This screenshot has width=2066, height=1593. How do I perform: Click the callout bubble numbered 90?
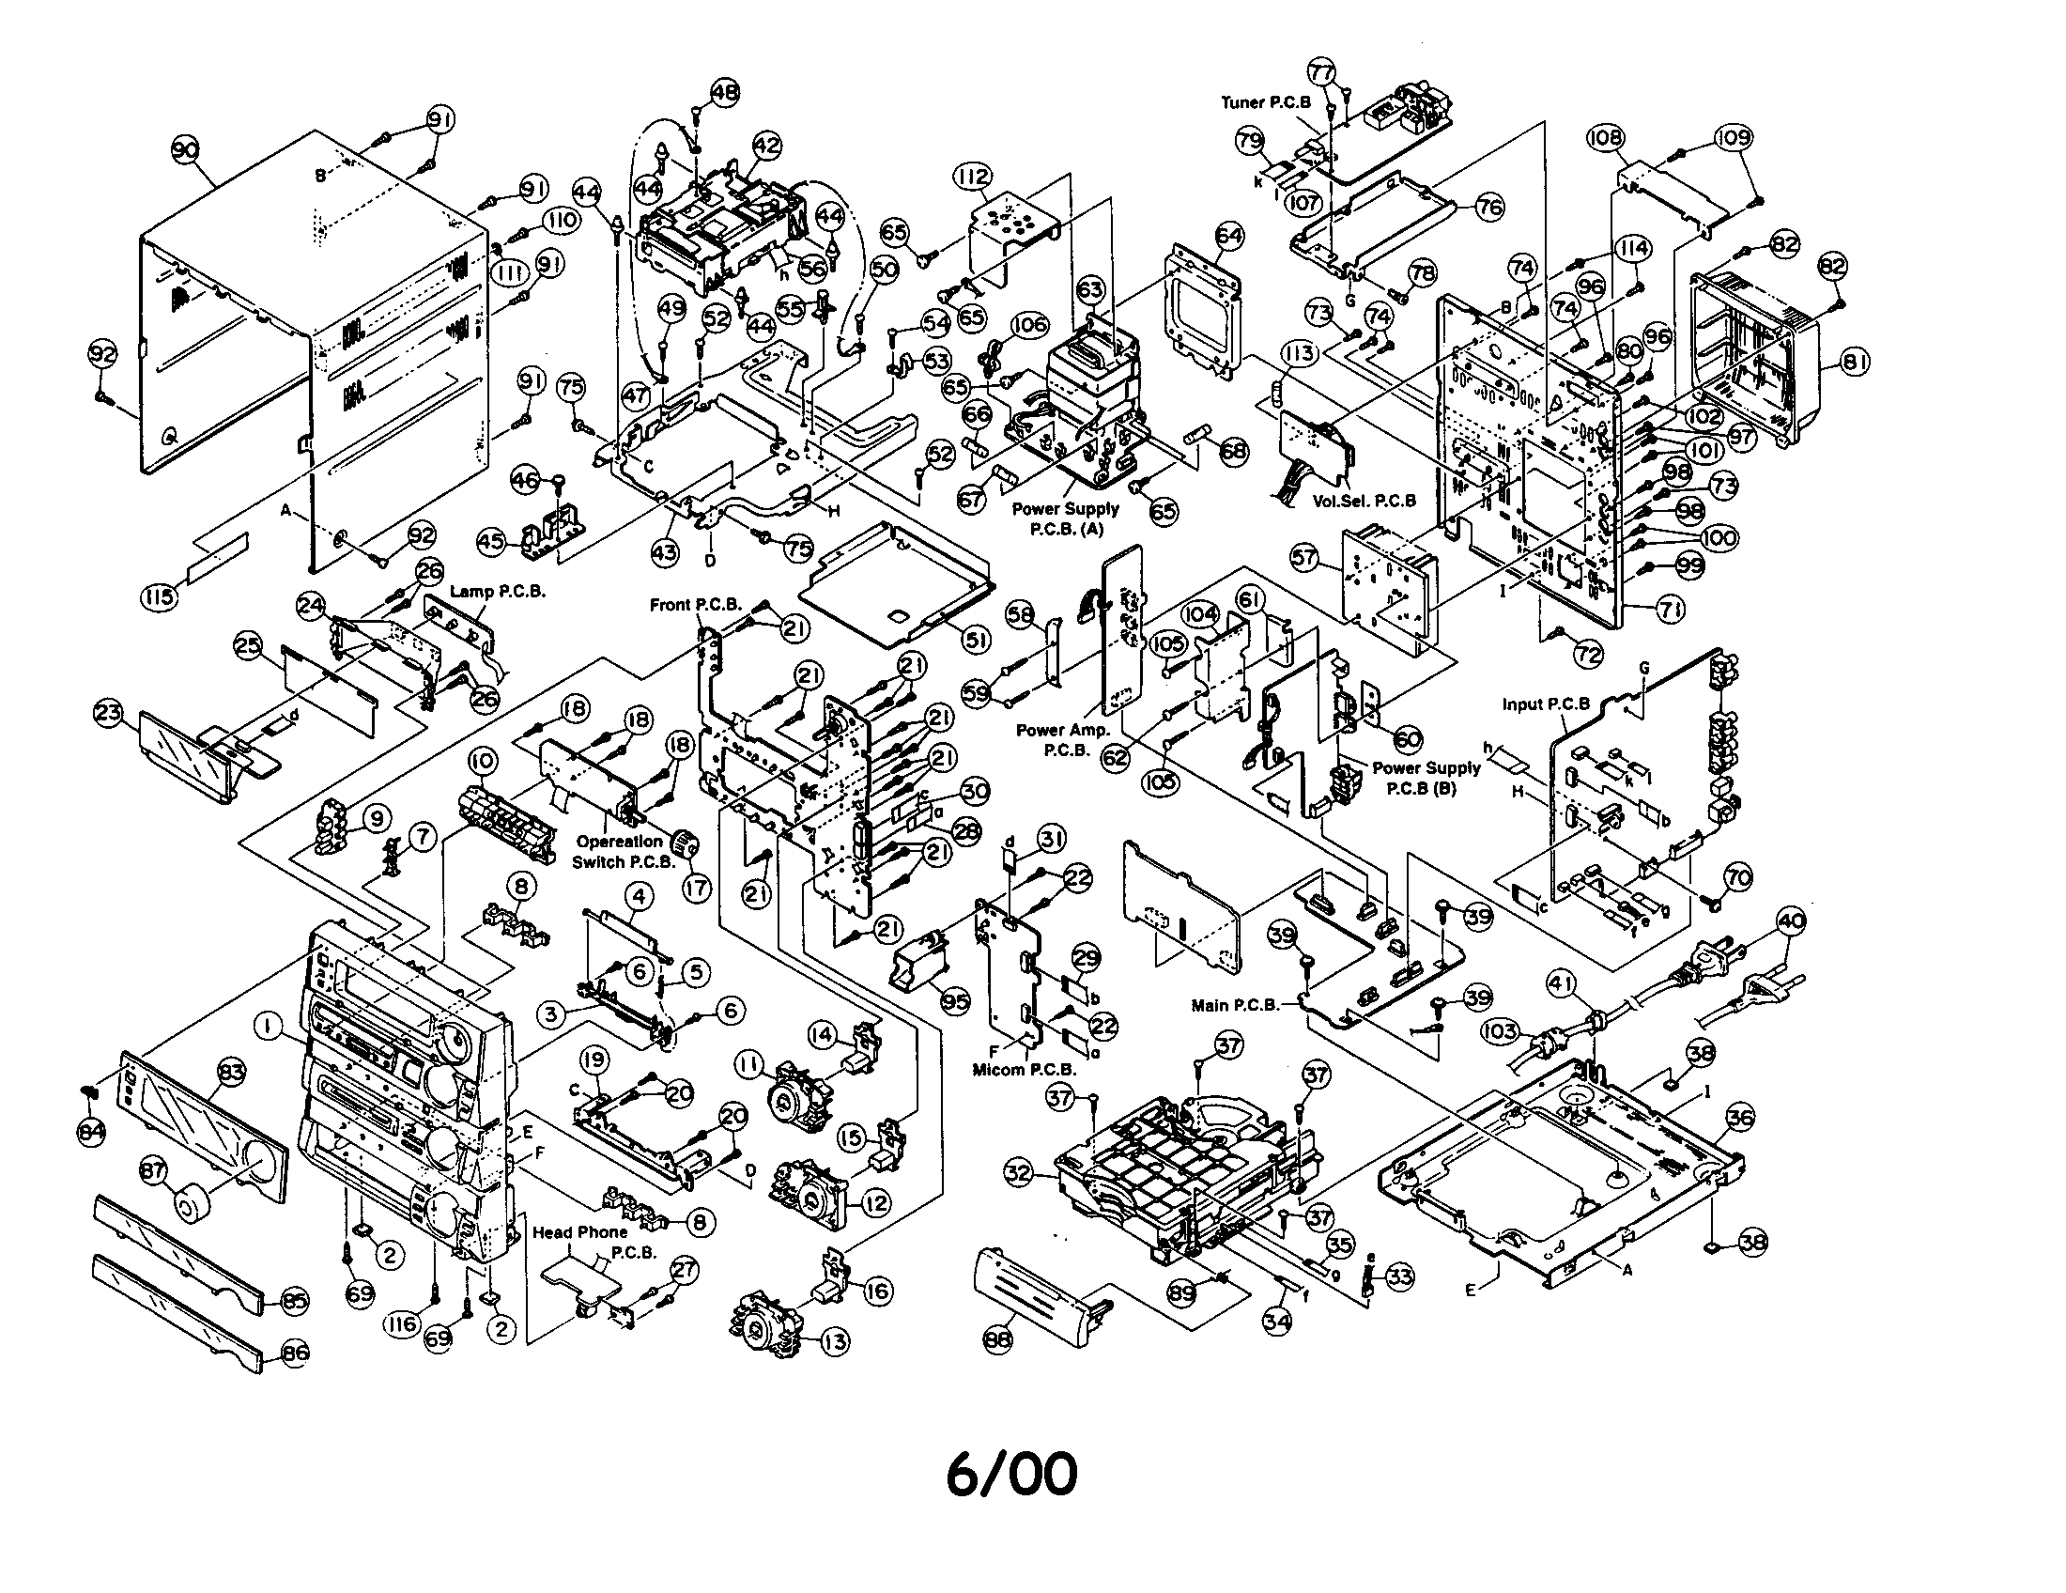pos(185,148)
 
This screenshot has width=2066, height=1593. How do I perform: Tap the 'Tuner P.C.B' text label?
pos(1265,102)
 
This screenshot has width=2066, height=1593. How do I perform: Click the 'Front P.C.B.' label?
pos(695,605)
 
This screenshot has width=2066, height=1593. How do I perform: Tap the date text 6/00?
pos(1011,1473)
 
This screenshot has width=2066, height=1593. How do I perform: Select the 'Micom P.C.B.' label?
pos(1025,1069)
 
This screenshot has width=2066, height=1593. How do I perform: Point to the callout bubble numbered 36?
pos(1739,1117)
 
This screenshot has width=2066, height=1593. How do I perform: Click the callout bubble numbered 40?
pos(1791,920)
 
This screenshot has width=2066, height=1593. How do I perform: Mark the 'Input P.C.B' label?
pos(1546,704)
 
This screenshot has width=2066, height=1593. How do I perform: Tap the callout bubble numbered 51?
pos(976,641)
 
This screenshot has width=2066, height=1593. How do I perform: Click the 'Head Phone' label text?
pos(578,1231)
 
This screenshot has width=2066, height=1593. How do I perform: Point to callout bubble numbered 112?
pos(972,177)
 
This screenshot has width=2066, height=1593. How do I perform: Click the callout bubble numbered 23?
pos(107,712)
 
